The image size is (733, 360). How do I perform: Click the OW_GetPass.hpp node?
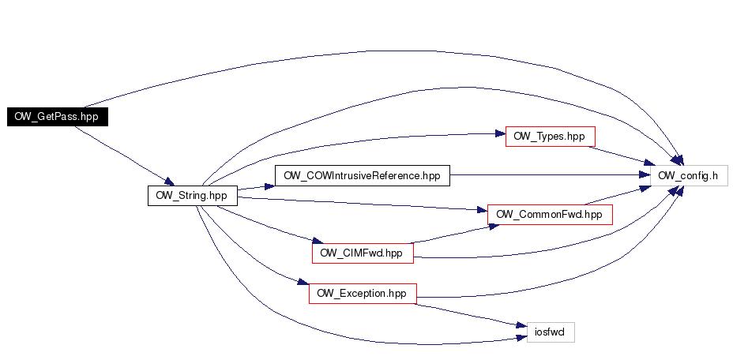click(x=58, y=117)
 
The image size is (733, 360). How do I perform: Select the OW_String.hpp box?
click(x=193, y=196)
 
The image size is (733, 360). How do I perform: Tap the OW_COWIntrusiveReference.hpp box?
click(x=363, y=176)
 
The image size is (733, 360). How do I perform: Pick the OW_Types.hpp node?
click(x=551, y=137)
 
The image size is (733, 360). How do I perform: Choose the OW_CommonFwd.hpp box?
click(x=550, y=215)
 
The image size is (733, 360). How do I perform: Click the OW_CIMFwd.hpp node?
click(x=363, y=253)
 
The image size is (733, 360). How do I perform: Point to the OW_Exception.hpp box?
click(x=363, y=294)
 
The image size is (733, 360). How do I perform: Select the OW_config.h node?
click(x=689, y=176)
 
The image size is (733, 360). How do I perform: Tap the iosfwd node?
click(x=551, y=332)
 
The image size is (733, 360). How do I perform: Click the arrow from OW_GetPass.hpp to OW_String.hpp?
click(x=124, y=156)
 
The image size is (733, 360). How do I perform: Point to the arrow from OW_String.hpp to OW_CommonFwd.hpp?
click(x=363, y=204)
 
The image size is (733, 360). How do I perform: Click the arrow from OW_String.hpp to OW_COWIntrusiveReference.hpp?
click(x=256, y=187)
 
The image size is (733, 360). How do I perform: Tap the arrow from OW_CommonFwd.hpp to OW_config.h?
click(x=618, y=195)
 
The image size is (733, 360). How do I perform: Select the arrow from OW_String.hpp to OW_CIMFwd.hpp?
click(x=269, y=225)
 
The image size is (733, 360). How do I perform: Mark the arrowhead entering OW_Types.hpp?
click(x=500, y=134)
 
